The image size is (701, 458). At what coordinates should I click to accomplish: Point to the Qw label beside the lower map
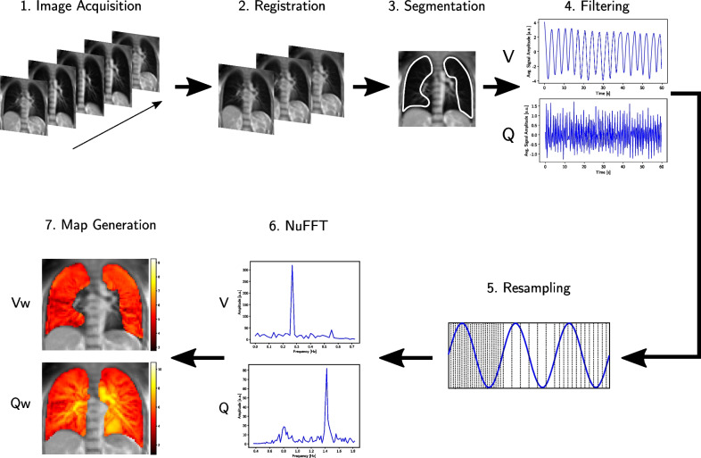[20, 402]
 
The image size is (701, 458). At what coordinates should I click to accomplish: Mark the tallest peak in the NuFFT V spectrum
[293, 267]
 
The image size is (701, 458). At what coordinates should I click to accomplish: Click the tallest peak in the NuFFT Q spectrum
[326, 371]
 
